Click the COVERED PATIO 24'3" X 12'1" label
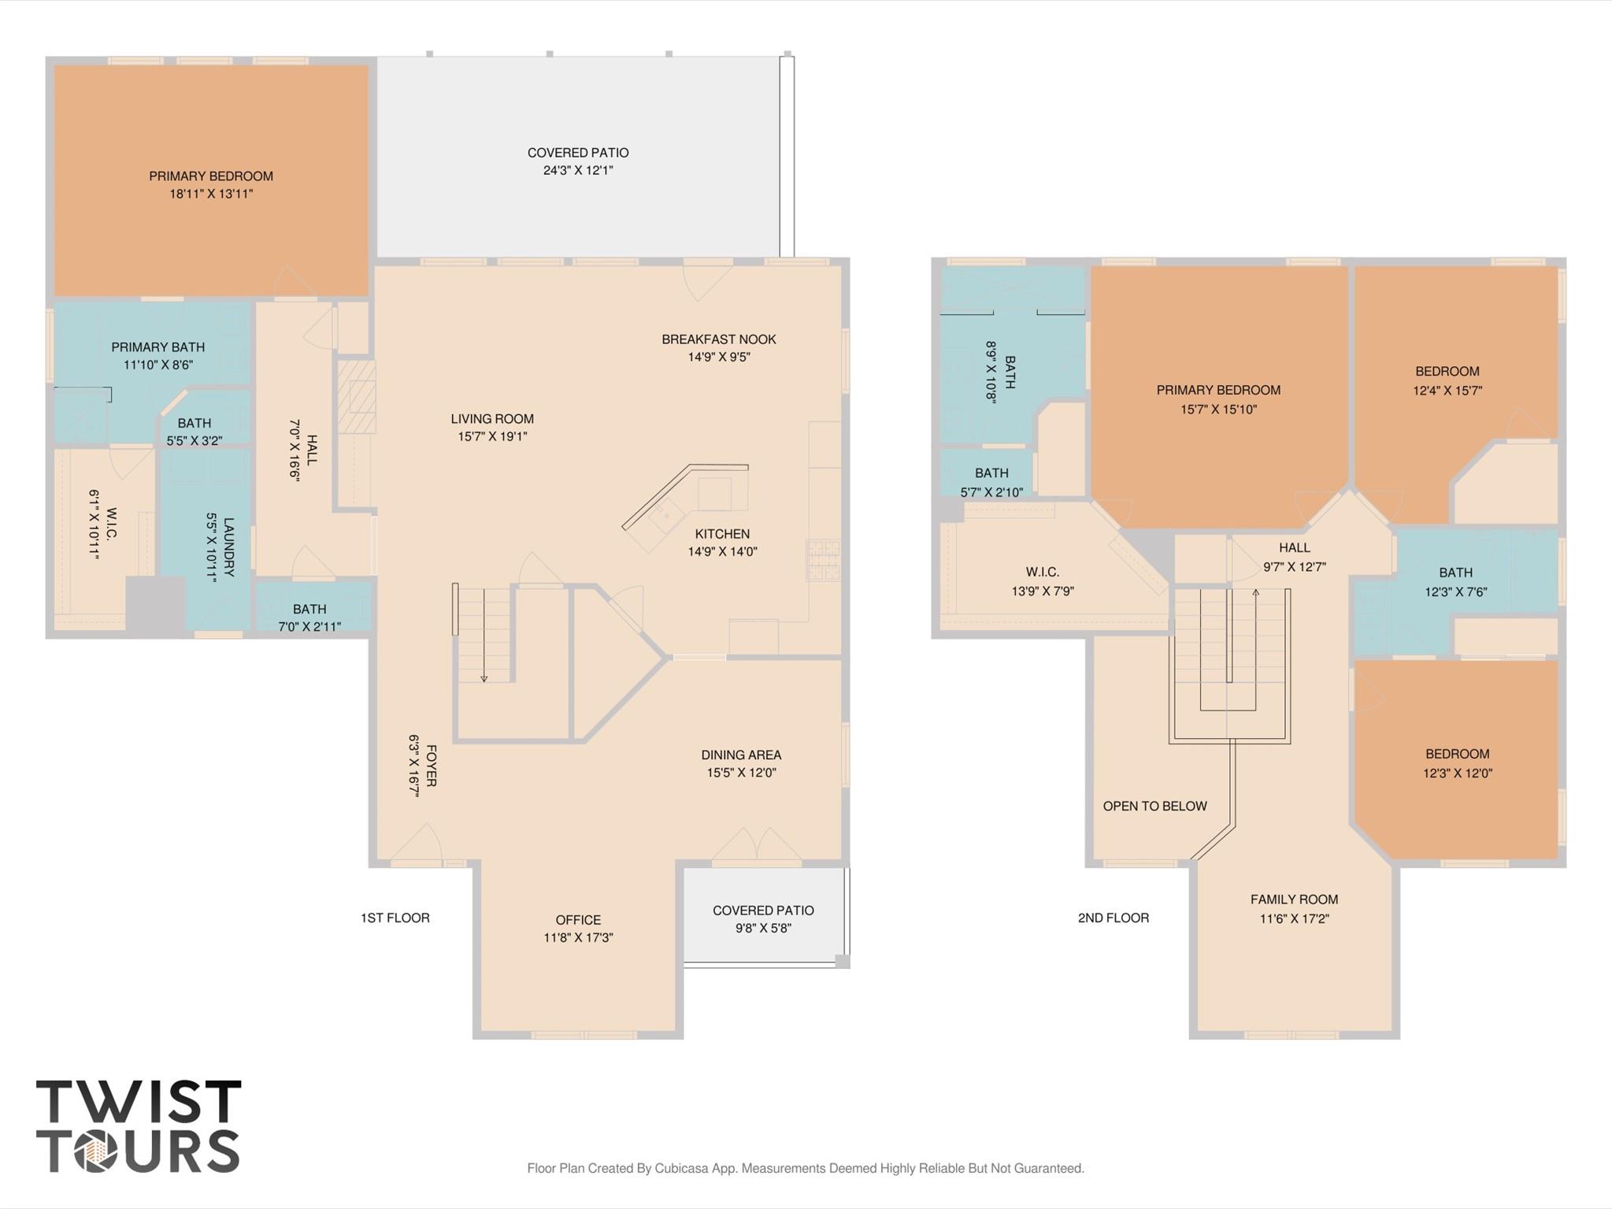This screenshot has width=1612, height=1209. [x=578, y=161]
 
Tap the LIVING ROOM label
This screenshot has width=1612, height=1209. [x=492, y=419]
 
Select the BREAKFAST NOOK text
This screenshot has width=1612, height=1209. [x=718, y=339]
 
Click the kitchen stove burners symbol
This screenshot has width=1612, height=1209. [x=823, y=560]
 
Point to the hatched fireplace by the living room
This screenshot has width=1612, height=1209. [x=357, y=396]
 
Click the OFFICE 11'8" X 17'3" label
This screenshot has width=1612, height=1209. [x=578, y=929]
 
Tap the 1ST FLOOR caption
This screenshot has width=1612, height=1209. [x=395, y=918]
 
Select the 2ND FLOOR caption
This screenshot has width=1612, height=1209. [x=1113, y=918]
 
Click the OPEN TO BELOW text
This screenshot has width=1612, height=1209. [x=1154, y=806]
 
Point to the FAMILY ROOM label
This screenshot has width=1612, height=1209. [x=1294, y=899]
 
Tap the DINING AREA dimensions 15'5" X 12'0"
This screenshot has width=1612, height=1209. [x=741, y=773]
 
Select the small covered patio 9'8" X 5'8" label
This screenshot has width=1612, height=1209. [x=763, y=919]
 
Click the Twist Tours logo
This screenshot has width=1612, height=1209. [x=138, y=1126]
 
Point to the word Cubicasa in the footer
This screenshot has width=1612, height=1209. [x=681, y=1168]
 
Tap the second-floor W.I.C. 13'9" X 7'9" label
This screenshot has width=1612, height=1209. [x=1042, y=581]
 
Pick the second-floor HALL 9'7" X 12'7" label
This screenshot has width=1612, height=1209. [x=1294, y=557]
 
